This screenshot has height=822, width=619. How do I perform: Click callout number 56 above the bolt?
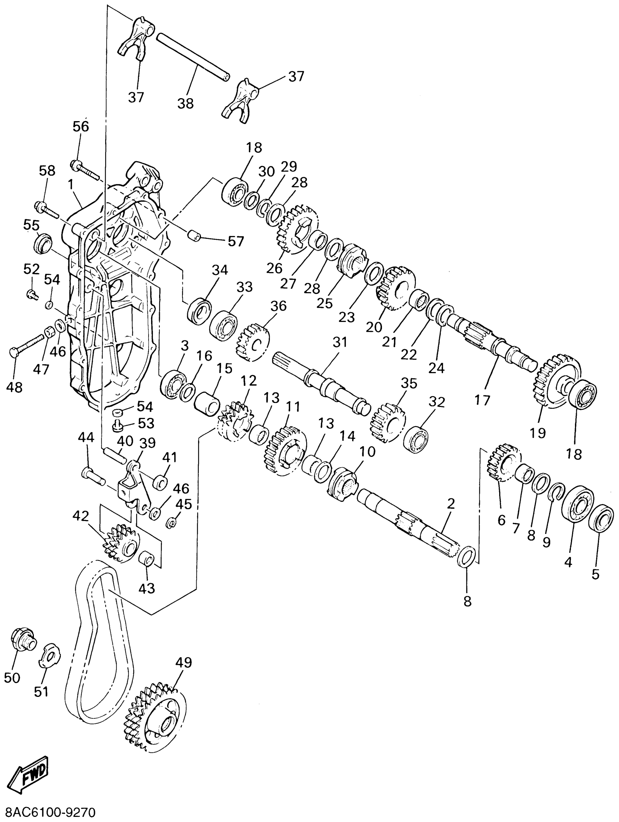[81, 126]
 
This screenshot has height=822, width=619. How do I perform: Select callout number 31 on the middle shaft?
[340, 342]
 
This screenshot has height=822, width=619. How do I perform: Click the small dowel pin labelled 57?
[193, 235]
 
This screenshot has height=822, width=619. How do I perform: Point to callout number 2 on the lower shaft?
[451, 504]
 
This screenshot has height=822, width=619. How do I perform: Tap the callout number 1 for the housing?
[70, 183]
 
